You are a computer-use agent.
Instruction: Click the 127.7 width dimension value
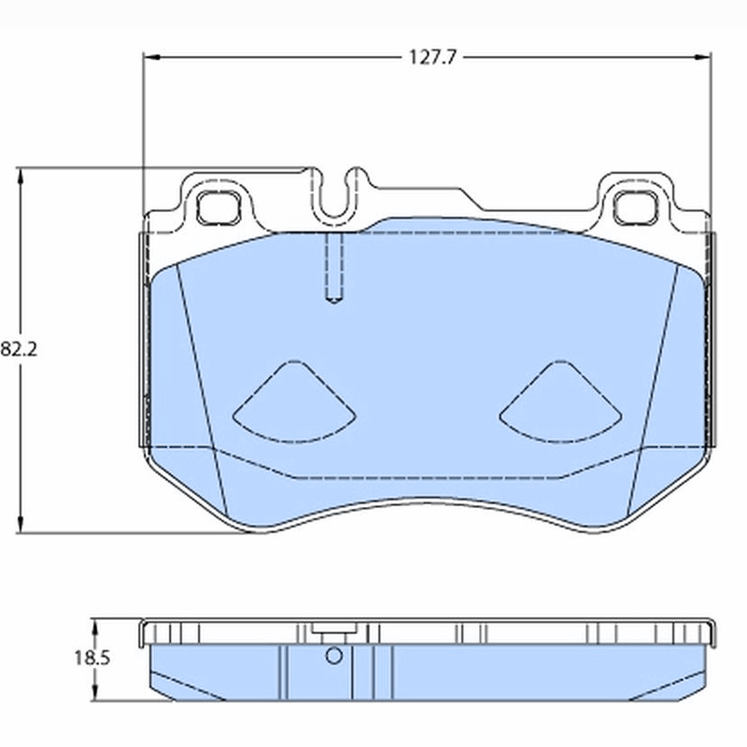432,58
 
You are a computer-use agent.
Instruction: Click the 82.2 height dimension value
19,349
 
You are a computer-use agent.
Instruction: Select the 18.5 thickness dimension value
92,658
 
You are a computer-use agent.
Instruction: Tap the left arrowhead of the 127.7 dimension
151,57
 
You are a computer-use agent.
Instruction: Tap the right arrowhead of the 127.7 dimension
703,57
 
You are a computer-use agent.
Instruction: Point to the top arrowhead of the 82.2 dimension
20,176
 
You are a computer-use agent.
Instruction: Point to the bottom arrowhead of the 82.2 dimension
20,526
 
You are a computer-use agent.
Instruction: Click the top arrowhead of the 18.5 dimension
95,627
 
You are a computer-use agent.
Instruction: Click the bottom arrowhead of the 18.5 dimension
95,693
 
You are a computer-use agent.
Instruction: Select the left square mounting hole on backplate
218,207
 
